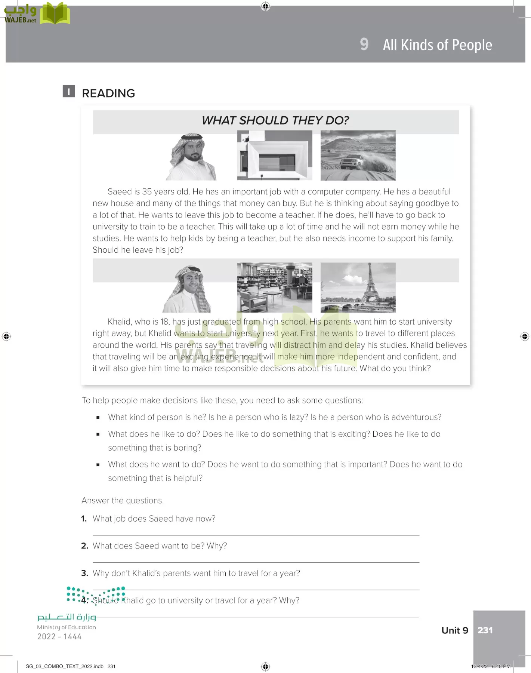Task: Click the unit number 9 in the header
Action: point(364,44)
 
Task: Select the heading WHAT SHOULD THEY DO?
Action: point(275,120)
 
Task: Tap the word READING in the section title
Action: point(108,93)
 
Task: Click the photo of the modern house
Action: point(275,155)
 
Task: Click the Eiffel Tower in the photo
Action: point(369,284)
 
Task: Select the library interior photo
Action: point(275,287)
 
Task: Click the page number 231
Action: point(485,630)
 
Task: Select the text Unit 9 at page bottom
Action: point(455,630)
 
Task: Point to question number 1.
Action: point(84,519)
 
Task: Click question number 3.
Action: point(85,573)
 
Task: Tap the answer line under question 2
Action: point(256,562)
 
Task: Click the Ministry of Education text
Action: point(67,627)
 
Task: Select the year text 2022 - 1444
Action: point(59,636)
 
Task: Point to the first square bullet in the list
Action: point(98,418)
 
